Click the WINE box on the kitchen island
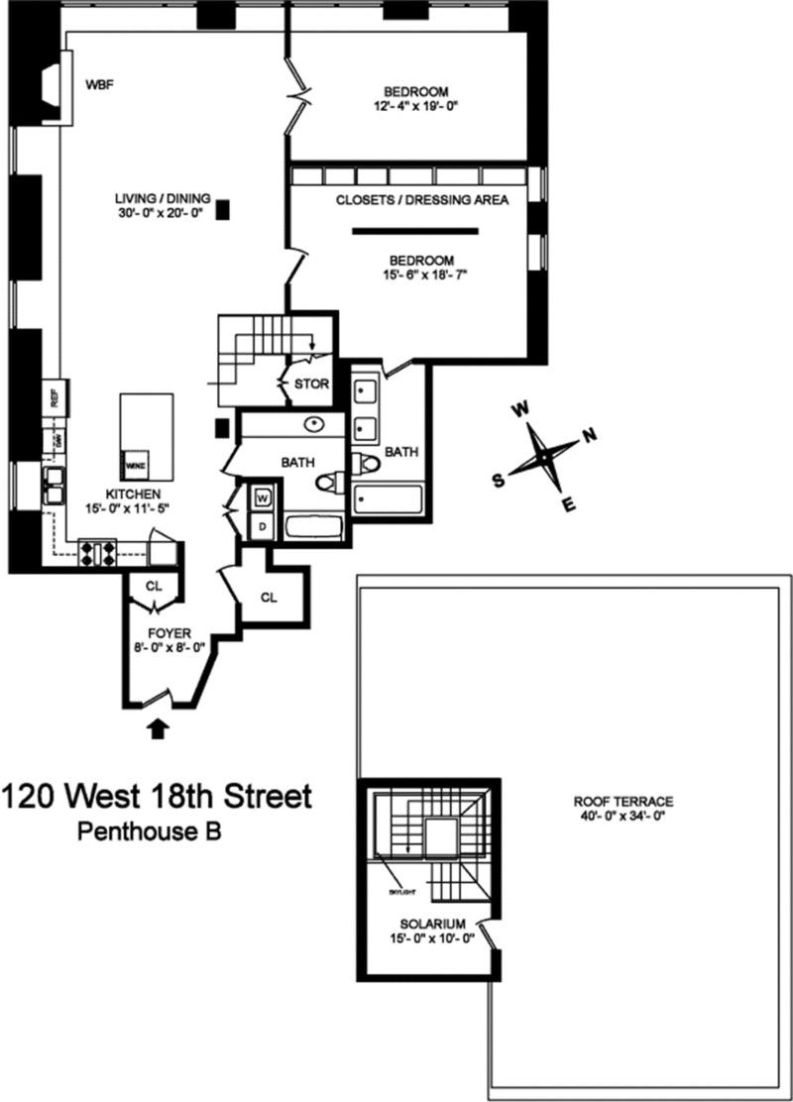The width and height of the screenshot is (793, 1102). pos(132,463)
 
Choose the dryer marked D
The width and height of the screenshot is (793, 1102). pos(263,524)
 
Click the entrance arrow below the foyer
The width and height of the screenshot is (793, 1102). pos(157,730)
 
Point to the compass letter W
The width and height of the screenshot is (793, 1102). pos(518,408)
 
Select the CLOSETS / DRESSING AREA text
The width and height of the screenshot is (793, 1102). pos(421,200)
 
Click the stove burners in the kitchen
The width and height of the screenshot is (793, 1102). pos(98,552)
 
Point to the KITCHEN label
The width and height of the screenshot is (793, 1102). pos(133,495)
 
